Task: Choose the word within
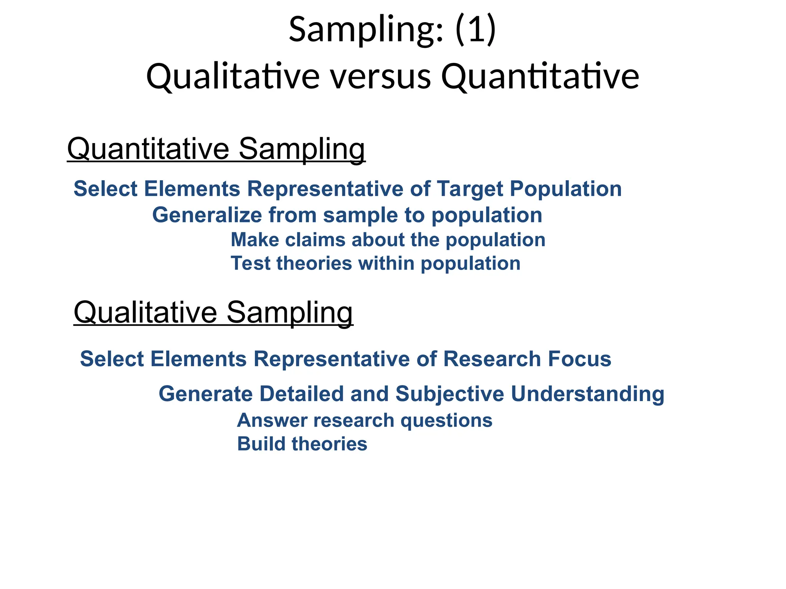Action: click(x=386, y=263)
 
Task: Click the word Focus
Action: click(x=579, y=359)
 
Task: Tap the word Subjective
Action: click(x=449, y=394)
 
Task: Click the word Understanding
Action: click(x=587, y=394)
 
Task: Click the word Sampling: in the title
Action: click(x=366, y=30)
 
